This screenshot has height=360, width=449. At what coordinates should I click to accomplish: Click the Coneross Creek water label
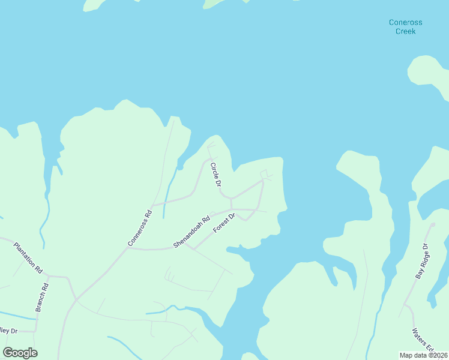(405, 26)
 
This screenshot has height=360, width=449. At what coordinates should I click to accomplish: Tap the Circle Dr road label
(216, 174)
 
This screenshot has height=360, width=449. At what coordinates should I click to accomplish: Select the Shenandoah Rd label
(191, 232)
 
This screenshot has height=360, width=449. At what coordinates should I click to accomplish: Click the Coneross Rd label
(140, 227)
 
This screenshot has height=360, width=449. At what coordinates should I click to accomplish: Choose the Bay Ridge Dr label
(423, 262)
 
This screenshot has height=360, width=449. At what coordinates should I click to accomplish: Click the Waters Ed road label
(422, 340)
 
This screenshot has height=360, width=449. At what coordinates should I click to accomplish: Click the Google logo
(20, 353)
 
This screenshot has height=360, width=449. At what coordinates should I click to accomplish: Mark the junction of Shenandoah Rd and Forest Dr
(184, 242)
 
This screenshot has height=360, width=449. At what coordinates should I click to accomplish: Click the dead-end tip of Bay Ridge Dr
(432, 224)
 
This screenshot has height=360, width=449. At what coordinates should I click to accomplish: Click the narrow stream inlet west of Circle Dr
(169, 186)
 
